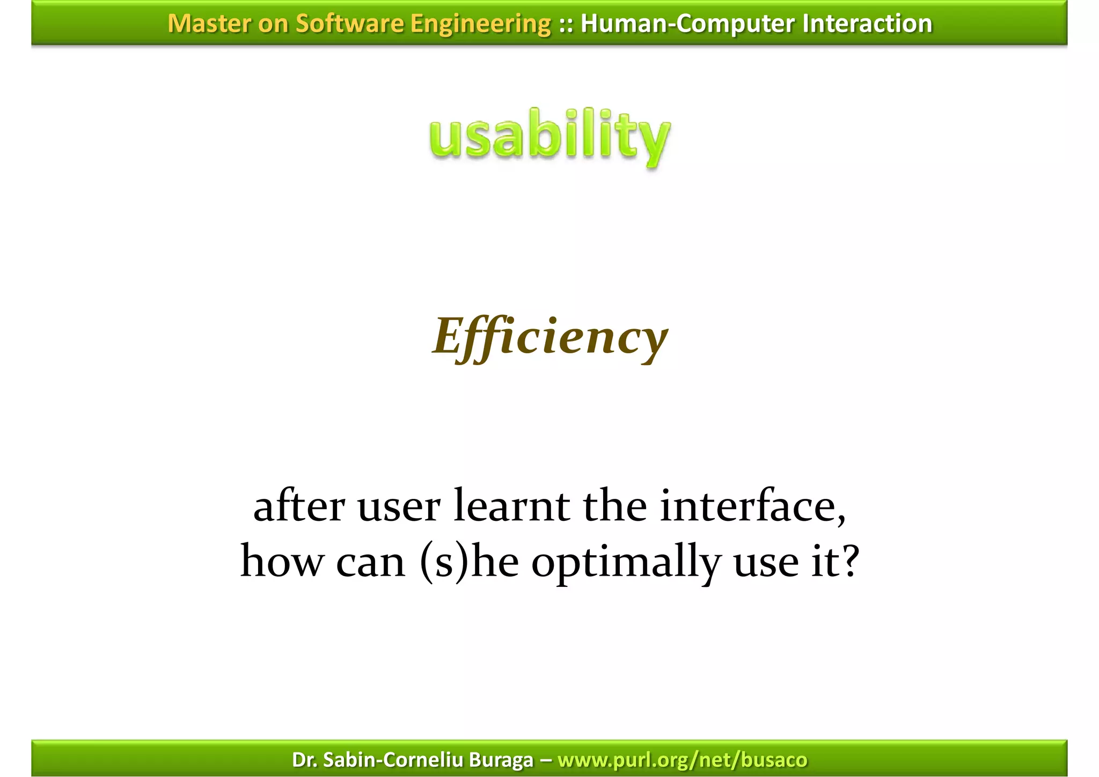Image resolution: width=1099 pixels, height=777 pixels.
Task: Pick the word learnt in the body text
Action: (x=511, y=506)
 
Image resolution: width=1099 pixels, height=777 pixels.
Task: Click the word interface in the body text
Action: (x=751, y=506)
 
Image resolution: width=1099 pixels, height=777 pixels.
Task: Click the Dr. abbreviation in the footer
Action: (x=304, y=760)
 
